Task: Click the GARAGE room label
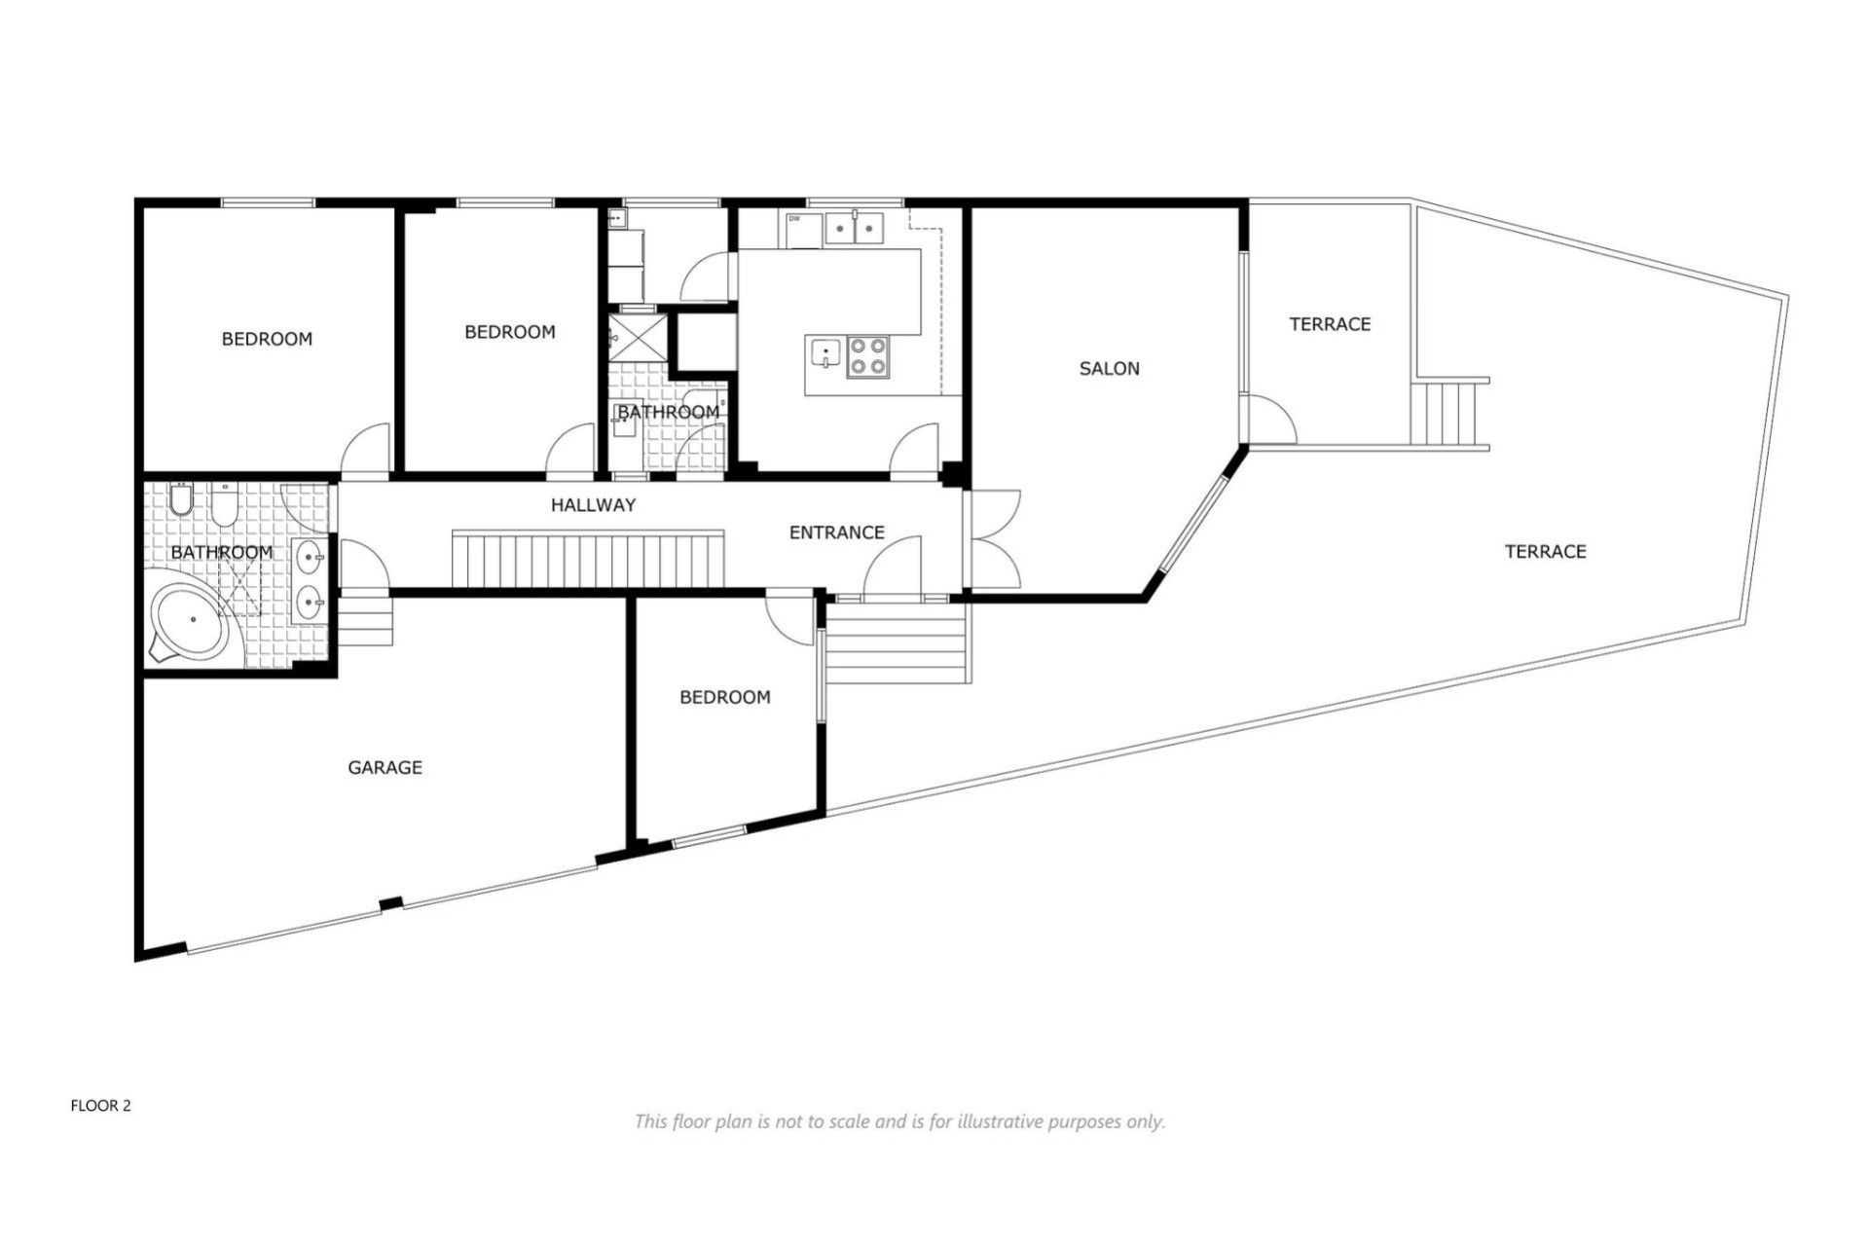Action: tap(385, 768)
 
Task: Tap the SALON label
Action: tap(1109, 369)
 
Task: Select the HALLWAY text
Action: tap(593, 505)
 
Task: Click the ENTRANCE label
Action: tap(836, 532)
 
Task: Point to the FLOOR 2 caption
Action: tap(100, 1106)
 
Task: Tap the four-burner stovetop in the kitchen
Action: tap(867, 356)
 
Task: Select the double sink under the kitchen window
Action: tap(854, 229)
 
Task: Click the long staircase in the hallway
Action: tap(588, 560)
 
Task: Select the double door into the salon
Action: tap(993, 540)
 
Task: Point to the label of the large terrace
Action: tap(1545, 552)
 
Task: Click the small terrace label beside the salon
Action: tap(1330, 324)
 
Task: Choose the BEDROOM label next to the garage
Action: tap(724, 697)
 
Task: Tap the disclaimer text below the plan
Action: tap(898, 1121)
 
